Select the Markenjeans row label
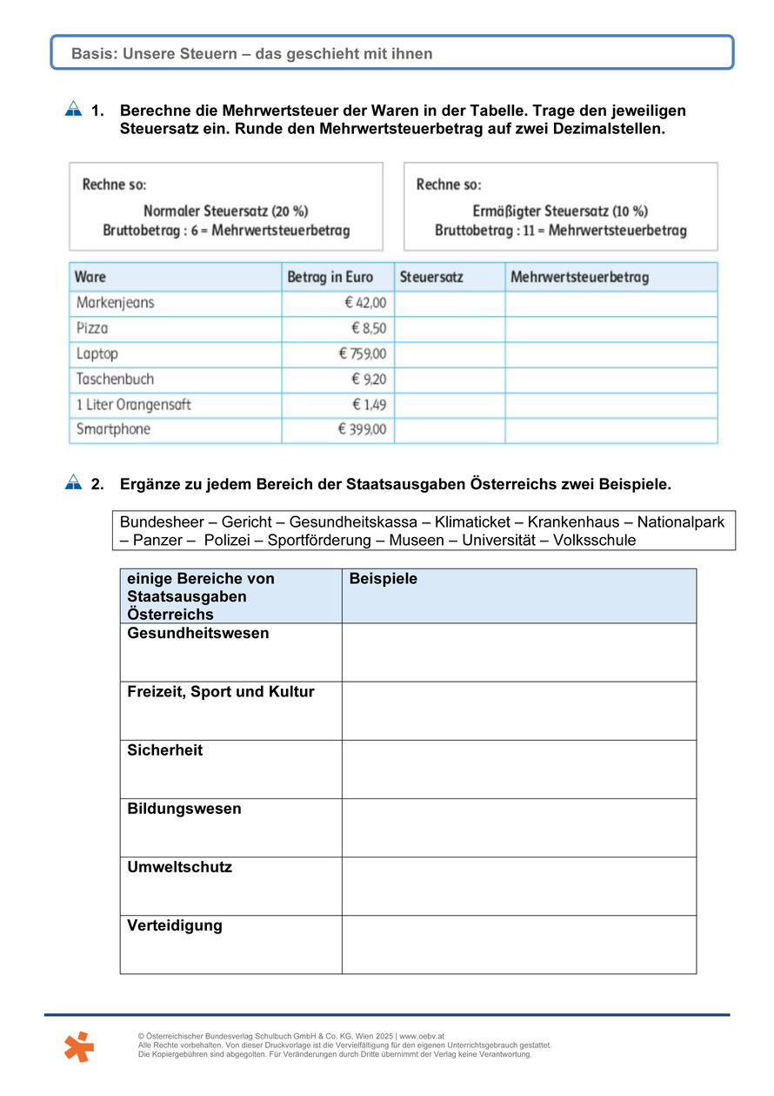pos(115,303)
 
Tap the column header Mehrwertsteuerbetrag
pos(579,278)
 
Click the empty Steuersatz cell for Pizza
pos(450,329)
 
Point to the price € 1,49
pos(369,405)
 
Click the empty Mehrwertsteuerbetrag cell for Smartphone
pos(611,430)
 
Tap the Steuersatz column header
pos(431,278)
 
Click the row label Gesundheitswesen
pos(198,634)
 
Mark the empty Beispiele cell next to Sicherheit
pos(518,770)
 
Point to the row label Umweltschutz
pos(179,868)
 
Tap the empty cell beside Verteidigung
pos(518,945)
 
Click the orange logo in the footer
pos(78,1046)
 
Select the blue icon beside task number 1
pos(73,110)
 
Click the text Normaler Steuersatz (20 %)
pos(225,212)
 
